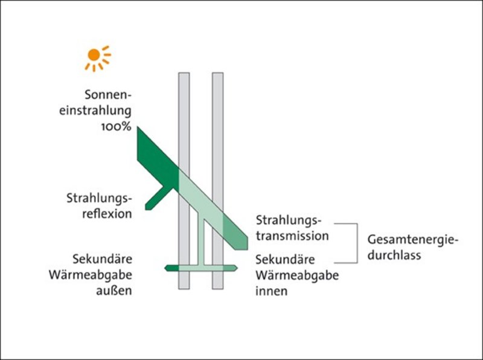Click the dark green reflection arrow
pyautogui.click(x=155, y=194)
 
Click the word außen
pyautogui.click(x=117, y=292)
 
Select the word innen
pyautogui.click(x=271, y=292)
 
